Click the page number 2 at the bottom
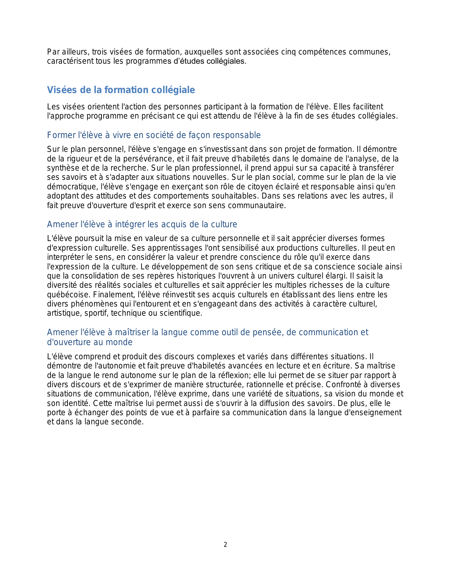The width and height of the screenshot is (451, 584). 225,545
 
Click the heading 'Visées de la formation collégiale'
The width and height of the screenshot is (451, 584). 121,90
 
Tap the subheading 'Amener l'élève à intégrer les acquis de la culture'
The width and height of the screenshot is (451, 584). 142,224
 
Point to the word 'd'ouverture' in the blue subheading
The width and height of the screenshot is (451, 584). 67,342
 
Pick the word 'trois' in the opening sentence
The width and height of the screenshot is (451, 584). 100,52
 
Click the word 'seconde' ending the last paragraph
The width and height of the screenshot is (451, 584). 130,422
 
